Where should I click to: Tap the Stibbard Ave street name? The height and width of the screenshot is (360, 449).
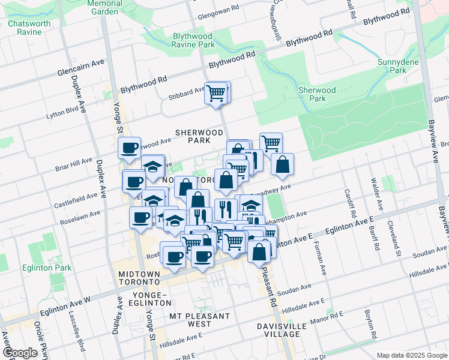pyautogui.click(x=187, y=92)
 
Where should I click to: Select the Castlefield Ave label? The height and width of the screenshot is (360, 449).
pyautogui.click(x=74, y=196)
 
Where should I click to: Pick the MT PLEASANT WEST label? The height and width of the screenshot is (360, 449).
pyautogui.click(x=199, y=320)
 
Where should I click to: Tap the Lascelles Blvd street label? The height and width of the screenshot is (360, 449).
pyautogui.click(x=80, y=335)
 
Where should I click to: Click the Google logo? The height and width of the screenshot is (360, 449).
pyautogui.click(x=19, y=353)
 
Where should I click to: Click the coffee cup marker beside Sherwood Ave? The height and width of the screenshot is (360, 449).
pyautogui.click(x=128, y=148)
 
